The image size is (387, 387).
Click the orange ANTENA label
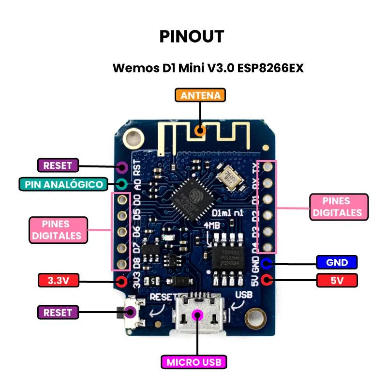[200, 95]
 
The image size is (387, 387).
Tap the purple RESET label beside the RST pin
[58, 165]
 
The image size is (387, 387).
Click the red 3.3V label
[58, 280]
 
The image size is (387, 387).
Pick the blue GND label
[337, 263]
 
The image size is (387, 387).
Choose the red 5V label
[337, 280]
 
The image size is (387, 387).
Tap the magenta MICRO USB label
[196, 362]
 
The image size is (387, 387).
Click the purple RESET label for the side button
[58, 313]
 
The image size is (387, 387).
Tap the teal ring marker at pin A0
[121, 184]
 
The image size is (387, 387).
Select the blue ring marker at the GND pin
[266, 264]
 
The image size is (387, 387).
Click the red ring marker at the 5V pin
[266, 280]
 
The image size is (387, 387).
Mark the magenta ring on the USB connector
[197, 315]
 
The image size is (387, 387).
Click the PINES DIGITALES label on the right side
[337, 207]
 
